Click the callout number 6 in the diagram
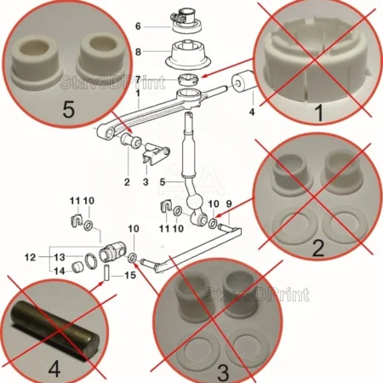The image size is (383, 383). click(x=138, y=26)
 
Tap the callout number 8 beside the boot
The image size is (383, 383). click(x=138, y=52)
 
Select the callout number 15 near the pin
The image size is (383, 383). click(x=130, y=275)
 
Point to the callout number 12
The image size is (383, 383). click(x=31, y=257)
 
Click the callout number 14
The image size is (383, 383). click(x=60, y=272)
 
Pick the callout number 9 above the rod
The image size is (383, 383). click(x=229, y=203)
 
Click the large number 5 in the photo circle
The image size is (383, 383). click(x=68, y=110)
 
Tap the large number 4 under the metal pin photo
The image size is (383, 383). click(x=54, y=368)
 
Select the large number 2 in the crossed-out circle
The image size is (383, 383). click(x=317, y=249)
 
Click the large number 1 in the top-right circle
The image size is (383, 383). click(x=319, y=112)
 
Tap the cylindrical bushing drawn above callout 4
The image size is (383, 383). click(x=244, y=83)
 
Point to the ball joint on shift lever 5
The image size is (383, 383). click(x=195, y=203)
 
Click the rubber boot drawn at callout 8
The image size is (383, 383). click(x=189, y=54)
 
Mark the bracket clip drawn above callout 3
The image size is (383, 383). click(x=156, y=155)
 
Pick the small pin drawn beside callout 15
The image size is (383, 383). click(x=107, y=272)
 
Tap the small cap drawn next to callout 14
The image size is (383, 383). click(x=77, y=268)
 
